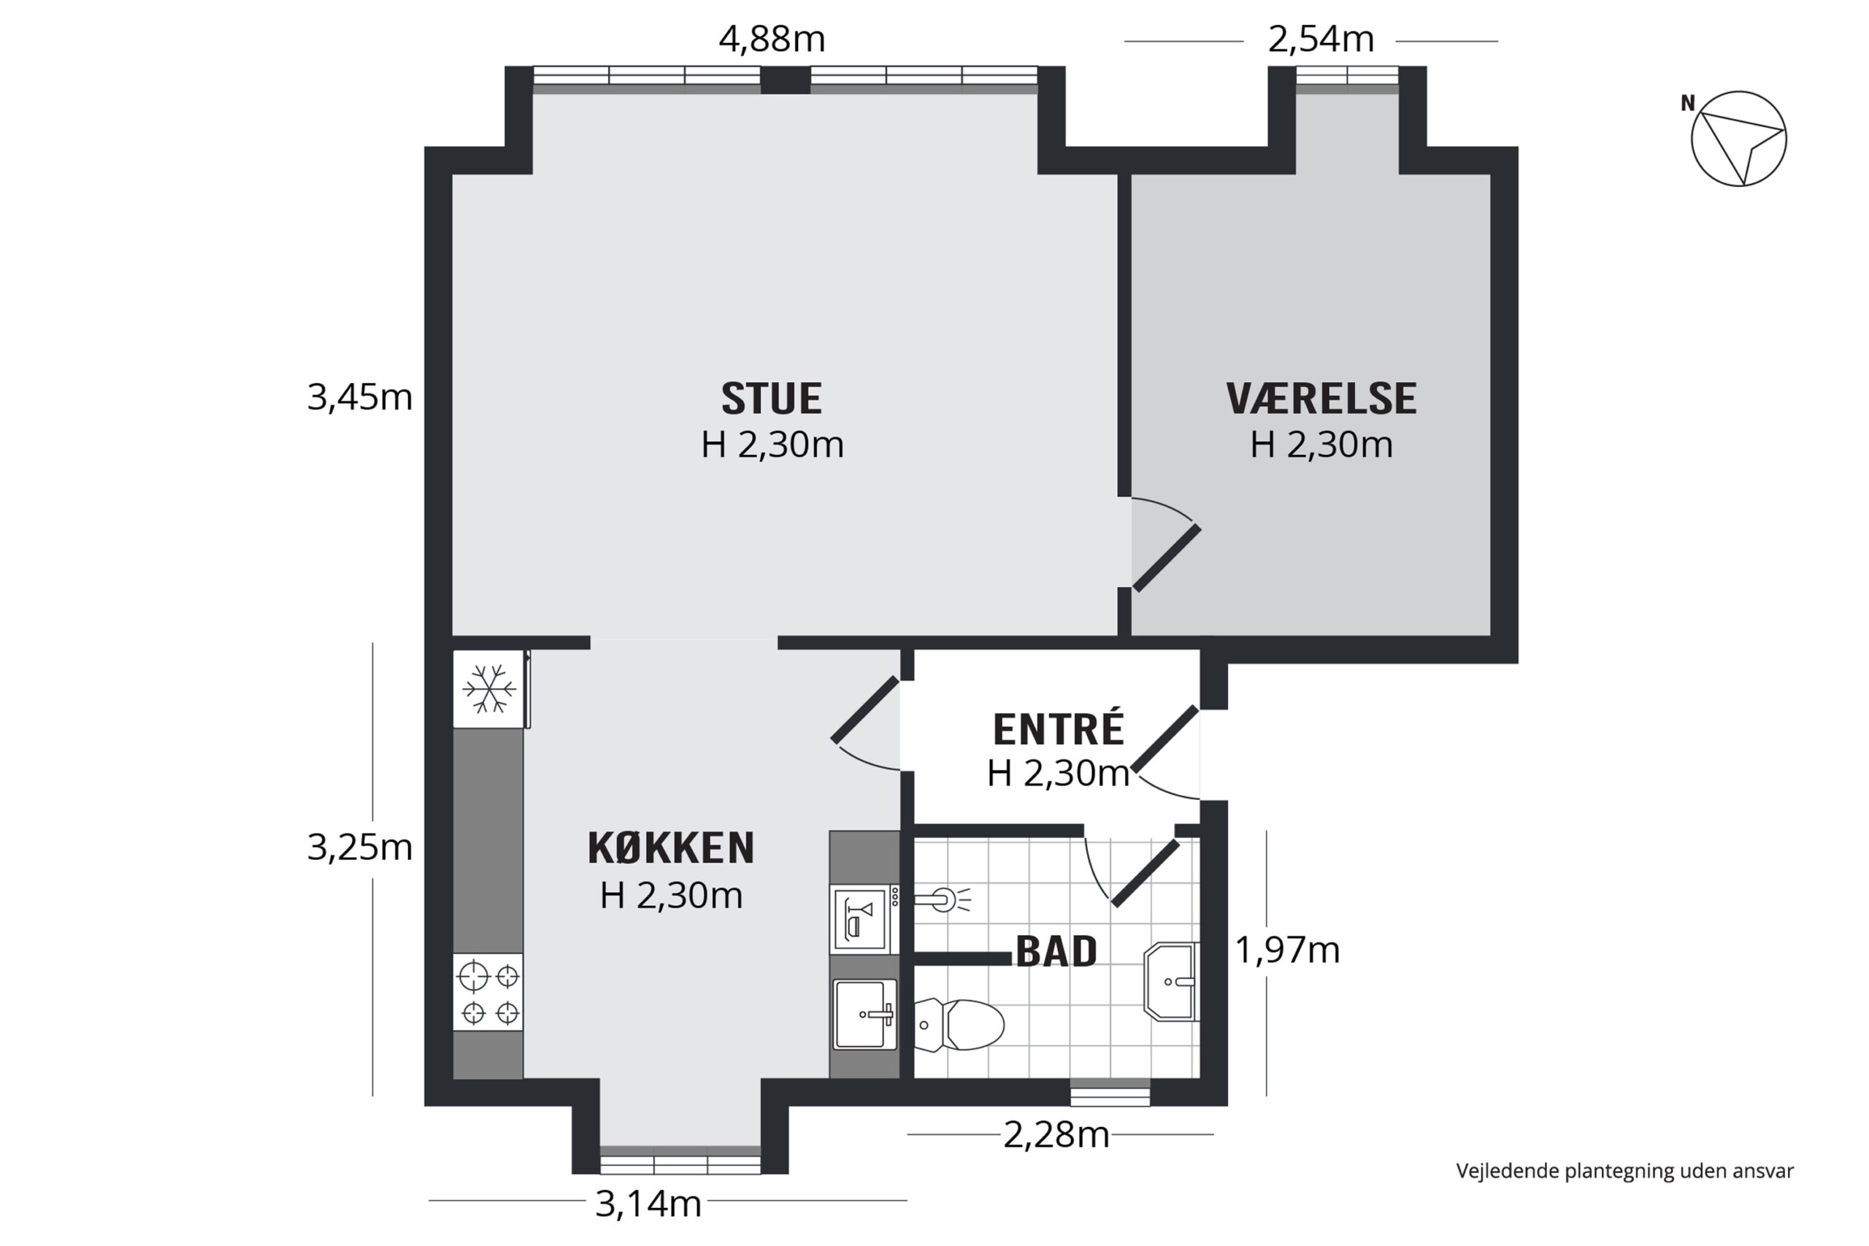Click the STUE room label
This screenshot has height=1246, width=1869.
[772, 399]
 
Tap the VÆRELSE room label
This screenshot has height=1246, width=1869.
[1321, 399]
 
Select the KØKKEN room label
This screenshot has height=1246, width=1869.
[671, 849]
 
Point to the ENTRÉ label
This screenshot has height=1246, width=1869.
[1059, 728]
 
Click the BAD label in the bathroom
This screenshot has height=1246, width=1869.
[1057, 951]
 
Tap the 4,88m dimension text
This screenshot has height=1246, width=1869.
[772, 39]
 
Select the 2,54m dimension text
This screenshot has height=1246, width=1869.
[1321, 39]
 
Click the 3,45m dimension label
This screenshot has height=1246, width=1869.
[360, 397]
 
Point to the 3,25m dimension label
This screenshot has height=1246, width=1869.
[360, 848]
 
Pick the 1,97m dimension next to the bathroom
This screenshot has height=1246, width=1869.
[1287, 950]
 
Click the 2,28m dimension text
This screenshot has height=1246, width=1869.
[1056, 1135]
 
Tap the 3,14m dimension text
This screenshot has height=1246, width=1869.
[648, 1204]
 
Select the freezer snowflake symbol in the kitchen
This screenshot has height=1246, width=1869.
[488, 688]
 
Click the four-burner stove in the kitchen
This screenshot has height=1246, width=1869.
[488, 993]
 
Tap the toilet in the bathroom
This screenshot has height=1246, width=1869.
[959, 1025]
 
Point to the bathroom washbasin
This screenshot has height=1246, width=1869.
[1171, 982]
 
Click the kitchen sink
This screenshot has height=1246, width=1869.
[864, 1014]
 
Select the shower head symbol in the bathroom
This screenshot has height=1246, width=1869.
[943, 900]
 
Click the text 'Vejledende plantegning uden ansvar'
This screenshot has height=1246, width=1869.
[1625, 1172]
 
